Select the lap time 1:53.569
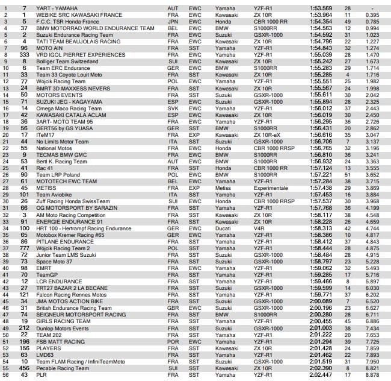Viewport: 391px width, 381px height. point(321,7)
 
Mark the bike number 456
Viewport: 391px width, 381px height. point(23,367)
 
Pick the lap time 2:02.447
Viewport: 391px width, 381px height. point(321,374)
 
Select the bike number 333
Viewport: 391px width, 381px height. point(23,54)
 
